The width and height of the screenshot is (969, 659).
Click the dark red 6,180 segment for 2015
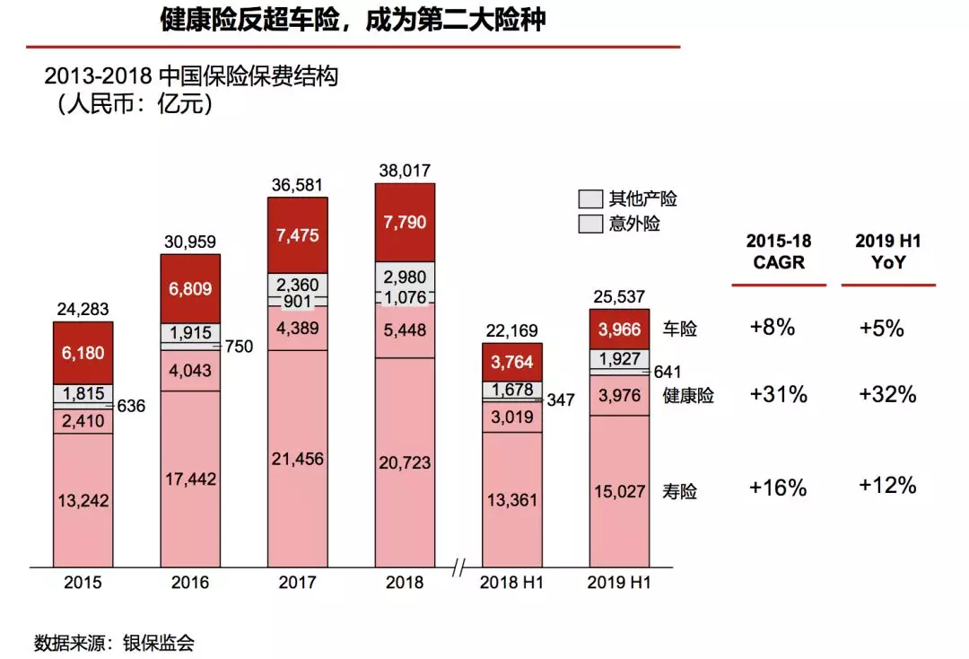[83, 352]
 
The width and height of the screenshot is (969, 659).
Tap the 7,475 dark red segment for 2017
[298, 235]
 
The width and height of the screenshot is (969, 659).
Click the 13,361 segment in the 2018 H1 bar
[511, 499]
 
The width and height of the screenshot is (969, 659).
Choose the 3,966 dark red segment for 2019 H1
[619, 329]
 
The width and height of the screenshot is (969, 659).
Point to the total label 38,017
[405, 171]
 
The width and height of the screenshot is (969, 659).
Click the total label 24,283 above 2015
[83, 308]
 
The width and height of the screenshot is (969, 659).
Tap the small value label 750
[240, 346]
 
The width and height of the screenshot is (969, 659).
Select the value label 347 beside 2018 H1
[561, 400]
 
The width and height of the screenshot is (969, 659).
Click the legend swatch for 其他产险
[589, 199]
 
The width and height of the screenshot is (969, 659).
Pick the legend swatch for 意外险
[589, 224]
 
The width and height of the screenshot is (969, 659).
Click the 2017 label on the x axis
[297, 583]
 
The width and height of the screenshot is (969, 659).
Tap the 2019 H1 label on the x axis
[619, 583]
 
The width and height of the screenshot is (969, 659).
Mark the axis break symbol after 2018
[459, 567]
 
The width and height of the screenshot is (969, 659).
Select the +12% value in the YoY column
[887, 486]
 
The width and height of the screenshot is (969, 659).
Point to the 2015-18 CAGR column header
[778, 251]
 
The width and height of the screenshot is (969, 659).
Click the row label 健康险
[688, 395]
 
